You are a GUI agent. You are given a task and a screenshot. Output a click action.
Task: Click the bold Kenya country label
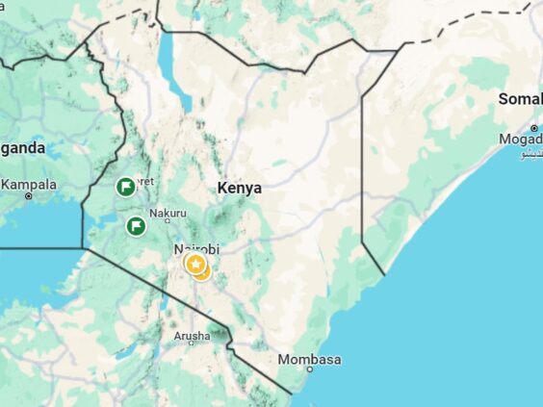pyautogui.click(x=239, y=189)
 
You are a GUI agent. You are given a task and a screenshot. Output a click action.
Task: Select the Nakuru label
pyautogui.click(x=168, y=213)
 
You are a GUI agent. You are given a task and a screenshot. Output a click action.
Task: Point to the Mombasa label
pyautogui.click(x=309, y=360)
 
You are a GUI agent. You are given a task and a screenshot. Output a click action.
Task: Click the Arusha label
pyautogui.click(x=191, y=336)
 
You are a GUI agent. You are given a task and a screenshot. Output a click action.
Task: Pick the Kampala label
pyautogui.click(x=29, y=184)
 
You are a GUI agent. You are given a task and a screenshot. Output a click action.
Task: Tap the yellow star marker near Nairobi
pyautogui.click(x=195, y=264)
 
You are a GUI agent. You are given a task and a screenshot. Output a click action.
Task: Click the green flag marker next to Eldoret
pyautogui.click(x=125, y=187)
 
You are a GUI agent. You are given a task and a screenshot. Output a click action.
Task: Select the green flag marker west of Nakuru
pyautogui.click(x=137, y=226)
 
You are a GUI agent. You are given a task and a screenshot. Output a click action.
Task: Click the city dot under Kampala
pyautogui.click(x=29, y=196)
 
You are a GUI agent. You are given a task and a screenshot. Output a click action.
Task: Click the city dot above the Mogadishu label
pyautogui.click(x=533, y=128)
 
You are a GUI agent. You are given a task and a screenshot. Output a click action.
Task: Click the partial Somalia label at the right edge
pyautogui.click(x=520, y=98)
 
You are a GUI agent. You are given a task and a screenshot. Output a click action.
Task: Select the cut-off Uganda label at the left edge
pyautogui.click(x=22, y=148)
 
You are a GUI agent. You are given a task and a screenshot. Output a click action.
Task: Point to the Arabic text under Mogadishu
pyautogui.click(x=531, y=154)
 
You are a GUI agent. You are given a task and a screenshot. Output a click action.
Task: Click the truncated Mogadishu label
pyautogui.click(x=521, y=140)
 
